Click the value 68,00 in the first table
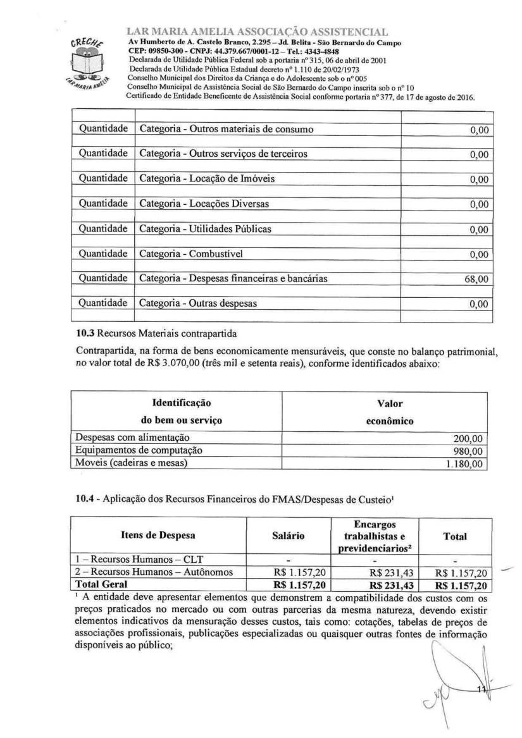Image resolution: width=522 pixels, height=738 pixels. coord(478,279)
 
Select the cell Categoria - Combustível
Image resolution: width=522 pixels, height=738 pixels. coord(191,254)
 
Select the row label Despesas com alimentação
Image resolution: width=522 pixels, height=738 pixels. coord(132,438)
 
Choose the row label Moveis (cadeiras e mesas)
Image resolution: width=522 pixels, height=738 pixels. coord(132,464)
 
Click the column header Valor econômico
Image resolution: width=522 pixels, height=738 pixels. coord(389,412)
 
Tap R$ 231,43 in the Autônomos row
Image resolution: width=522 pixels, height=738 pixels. coord(392,573)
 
